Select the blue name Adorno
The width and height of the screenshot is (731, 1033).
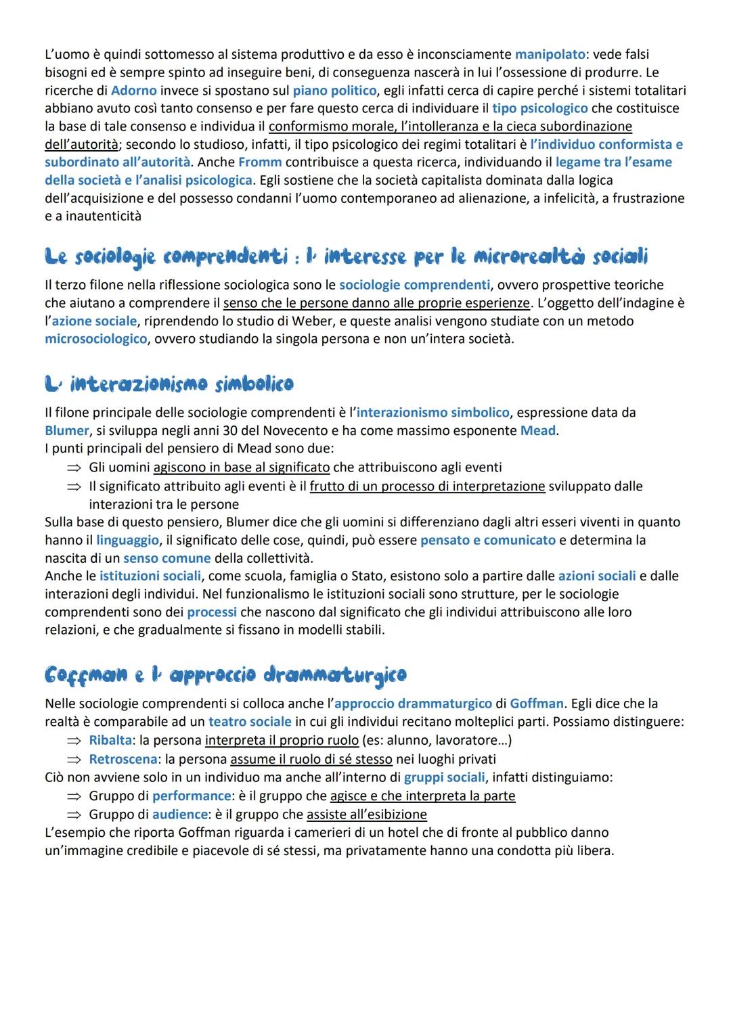[x=133, y=90]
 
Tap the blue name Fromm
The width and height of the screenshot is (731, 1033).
[x=260, y=162]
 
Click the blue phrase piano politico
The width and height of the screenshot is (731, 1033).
[x=334, y=90]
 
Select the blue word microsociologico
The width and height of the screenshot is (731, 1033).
[x=95, y=338]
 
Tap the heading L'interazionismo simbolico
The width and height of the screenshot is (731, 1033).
[x=169, y=384]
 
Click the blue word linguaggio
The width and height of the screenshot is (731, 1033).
[x=127, y=540]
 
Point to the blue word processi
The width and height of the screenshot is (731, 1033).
[x=212, y=612]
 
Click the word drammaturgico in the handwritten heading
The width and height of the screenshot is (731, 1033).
[x=334, y=674]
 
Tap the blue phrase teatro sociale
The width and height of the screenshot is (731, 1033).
[x=250, y=721]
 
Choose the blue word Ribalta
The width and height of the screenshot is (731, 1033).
[x=110, y=740]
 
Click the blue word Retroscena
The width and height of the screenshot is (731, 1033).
[x=123, y=759]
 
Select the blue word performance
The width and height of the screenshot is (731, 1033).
[x=192, y=796]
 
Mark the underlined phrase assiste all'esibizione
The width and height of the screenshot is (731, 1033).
[x=366, y=814]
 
